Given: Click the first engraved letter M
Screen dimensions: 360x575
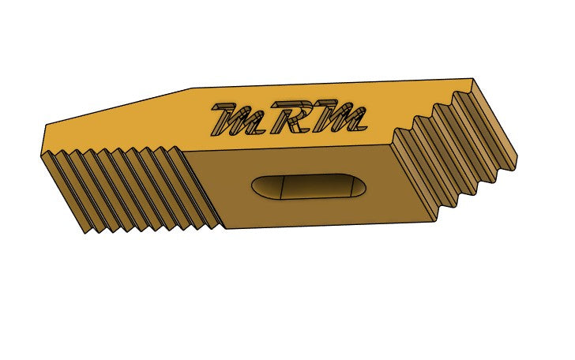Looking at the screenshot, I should pyautogui.click(x=235, y=118).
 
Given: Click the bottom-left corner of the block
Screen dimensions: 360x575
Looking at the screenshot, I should pyautogui.click(x=85, y=234).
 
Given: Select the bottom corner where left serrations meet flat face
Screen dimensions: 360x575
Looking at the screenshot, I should pyautogui.click(x=224, y=229).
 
